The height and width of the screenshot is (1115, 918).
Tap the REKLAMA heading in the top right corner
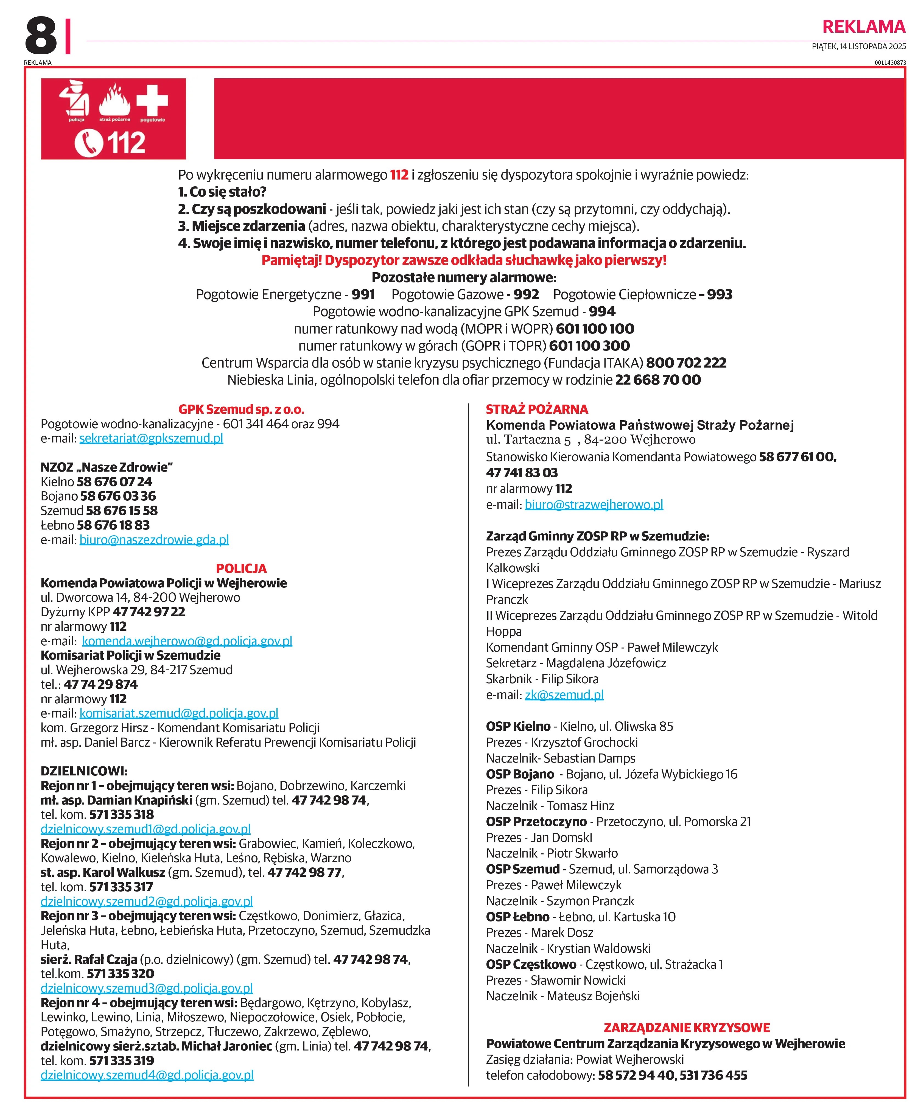pos(864,26)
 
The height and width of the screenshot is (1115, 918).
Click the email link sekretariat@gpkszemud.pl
pos(151,438)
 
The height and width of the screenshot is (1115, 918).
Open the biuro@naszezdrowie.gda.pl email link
pos(154,540)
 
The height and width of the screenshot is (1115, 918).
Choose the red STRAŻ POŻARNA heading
pos(537,409)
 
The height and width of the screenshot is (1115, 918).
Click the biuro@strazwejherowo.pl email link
pos(594,505)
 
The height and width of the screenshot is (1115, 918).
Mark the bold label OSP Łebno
pos(518,917)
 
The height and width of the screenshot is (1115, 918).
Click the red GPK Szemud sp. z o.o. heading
pos(241,409)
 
